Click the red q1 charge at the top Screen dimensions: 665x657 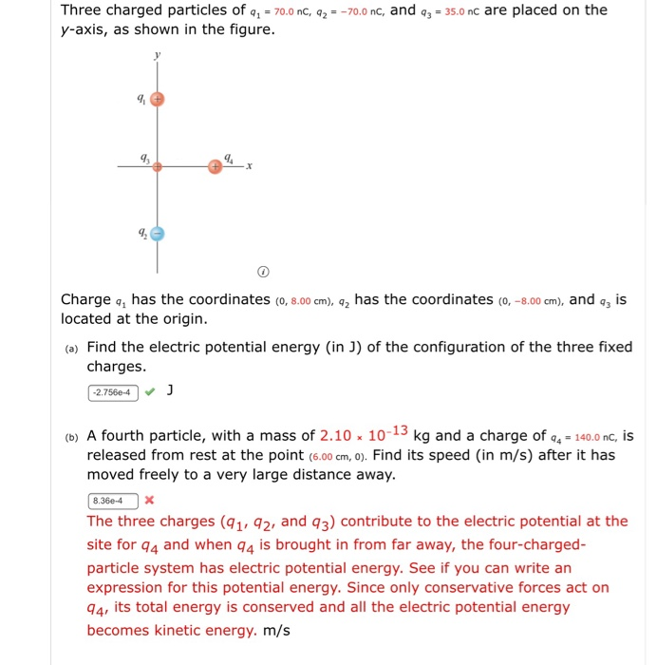[x=159, y=98]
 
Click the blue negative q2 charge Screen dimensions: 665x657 [x=159, y=233]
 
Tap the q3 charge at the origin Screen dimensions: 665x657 [x=158, y=166]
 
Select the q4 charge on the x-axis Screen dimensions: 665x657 [x=216, y=166]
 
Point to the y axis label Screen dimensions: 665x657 [x=158, y=54]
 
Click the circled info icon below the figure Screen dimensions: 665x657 [x=264, y=273]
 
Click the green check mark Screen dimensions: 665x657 [x=150, y=391]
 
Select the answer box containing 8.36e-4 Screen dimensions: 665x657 [x=113, y=500]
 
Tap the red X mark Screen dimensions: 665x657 [x=150, y=500]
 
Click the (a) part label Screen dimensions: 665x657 [x=71, y=349]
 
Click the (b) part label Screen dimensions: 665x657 [x=71, y=438]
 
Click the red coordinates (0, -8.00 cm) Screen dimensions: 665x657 [x=531, y=301]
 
